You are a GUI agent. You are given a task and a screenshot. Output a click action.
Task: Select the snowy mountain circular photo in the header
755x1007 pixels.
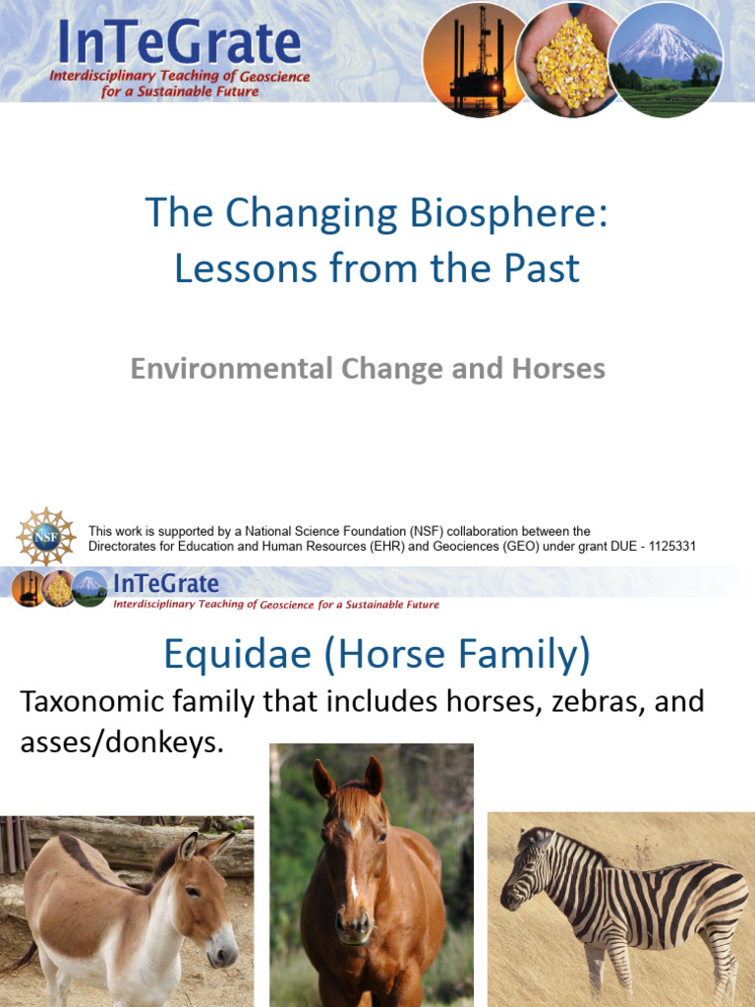(x=665, y=59)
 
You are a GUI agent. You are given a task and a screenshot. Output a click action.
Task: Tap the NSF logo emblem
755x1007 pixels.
(x=45, y=537)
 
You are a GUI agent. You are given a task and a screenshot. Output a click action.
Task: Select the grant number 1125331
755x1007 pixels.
(x=666, y=546)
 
